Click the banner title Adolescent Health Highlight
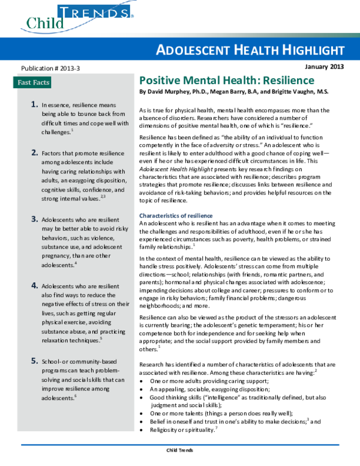253,50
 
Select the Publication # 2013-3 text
50,69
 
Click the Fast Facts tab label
34,82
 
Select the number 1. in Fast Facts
35,104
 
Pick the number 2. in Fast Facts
35,153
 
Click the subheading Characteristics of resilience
175,216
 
